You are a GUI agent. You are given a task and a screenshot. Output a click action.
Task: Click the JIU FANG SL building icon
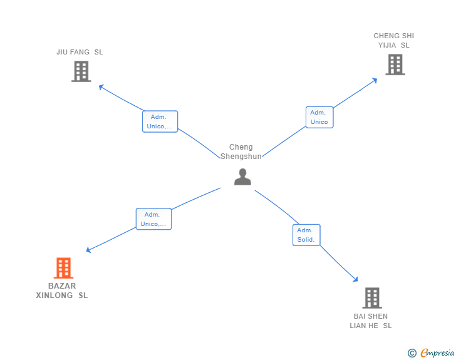tap(81, 71)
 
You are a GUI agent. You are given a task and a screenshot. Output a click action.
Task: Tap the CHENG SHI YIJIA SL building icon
tap(395, 64)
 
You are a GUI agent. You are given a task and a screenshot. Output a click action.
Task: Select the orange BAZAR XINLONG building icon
tap(63, 268)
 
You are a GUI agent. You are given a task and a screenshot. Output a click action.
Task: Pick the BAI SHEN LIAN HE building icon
tap(372, 298)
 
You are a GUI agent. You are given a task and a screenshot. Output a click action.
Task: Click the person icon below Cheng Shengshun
tap(242, 177)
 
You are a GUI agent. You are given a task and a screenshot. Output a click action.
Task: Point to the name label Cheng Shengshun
tap(241, 152)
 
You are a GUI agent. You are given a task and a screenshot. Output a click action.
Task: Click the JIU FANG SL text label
tap(80, 52)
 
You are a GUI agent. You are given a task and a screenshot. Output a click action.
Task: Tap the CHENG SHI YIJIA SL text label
tap(394, 41)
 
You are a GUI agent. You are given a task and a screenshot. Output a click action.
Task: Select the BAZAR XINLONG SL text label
tap(62, 291)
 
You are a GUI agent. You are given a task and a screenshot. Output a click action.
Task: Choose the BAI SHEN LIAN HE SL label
tap(371, 321)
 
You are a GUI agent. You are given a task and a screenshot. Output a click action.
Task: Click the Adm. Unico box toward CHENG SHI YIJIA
tap(319, 117)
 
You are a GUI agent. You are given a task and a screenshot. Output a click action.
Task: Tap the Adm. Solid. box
tap(306, 235)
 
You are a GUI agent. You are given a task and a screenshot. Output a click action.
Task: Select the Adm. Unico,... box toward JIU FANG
tap(160, 121)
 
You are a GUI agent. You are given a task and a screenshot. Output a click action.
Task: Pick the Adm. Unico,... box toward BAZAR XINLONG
tap(153, 219)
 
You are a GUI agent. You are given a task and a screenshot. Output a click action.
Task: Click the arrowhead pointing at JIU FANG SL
tap(101, 87)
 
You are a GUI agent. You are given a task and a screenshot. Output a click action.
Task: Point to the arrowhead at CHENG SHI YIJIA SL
tap(375, 81)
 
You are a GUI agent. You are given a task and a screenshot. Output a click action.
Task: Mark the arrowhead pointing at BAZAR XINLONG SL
tap(88, 250)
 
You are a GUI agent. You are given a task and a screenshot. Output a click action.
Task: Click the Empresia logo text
tap(437, 352)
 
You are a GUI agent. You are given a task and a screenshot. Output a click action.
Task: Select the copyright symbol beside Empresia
tap(412, 353)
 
